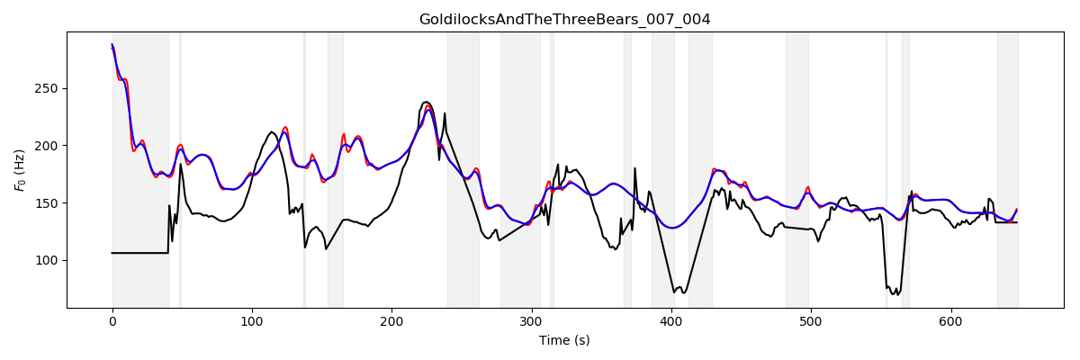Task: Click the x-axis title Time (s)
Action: coord(564,340)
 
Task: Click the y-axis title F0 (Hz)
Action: coord(20,170)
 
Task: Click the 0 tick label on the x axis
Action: coord(112,320)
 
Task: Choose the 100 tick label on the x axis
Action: coord(252,320)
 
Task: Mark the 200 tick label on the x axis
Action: coord(391,320)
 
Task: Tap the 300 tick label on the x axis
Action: coord(532,320)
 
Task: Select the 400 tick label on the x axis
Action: coord(671,320)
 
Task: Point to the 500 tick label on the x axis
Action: coord(811,320)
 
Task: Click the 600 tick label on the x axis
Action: coord(951,320)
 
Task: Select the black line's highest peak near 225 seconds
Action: coord(426,103)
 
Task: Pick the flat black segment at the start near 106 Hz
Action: coord(140,253)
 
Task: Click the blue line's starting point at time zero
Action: coord(112,45)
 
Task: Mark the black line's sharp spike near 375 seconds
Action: coord(634,168)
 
